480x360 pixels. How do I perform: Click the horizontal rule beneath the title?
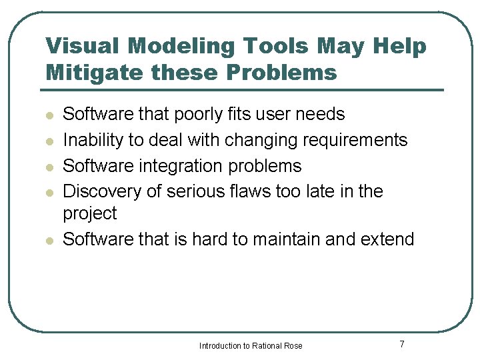tap(244, 90)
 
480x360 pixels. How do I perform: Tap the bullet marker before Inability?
tap(49, 141)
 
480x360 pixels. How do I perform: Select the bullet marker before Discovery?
tap(49, 193)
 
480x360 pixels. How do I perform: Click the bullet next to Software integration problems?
tap(49, 167)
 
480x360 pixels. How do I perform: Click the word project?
tap(89, 214)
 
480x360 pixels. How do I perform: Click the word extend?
tap(387, 239)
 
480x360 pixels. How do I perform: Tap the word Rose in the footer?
tap(293, 346)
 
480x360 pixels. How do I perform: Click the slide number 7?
tap(402, 345)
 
